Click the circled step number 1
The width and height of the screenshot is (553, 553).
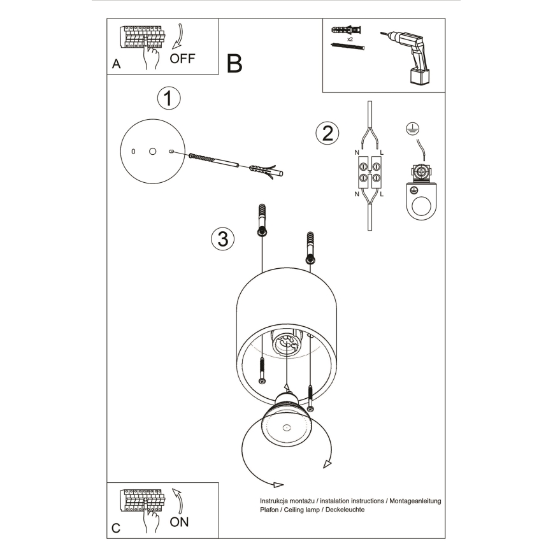click(168, 99)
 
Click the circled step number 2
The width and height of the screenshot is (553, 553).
click(327, 133)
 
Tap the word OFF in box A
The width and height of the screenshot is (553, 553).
click(183, 59)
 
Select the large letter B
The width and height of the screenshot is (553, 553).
click(234, 63)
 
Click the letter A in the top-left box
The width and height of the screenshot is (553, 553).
click(116, 64)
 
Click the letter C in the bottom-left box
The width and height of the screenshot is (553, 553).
click(116, 529)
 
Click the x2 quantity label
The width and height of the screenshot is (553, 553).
click(350, 39)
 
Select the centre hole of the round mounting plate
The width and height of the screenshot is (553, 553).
click(152, 151)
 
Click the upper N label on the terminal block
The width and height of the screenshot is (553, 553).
click(357, 153)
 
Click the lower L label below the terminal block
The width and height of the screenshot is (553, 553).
click(381, 194)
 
